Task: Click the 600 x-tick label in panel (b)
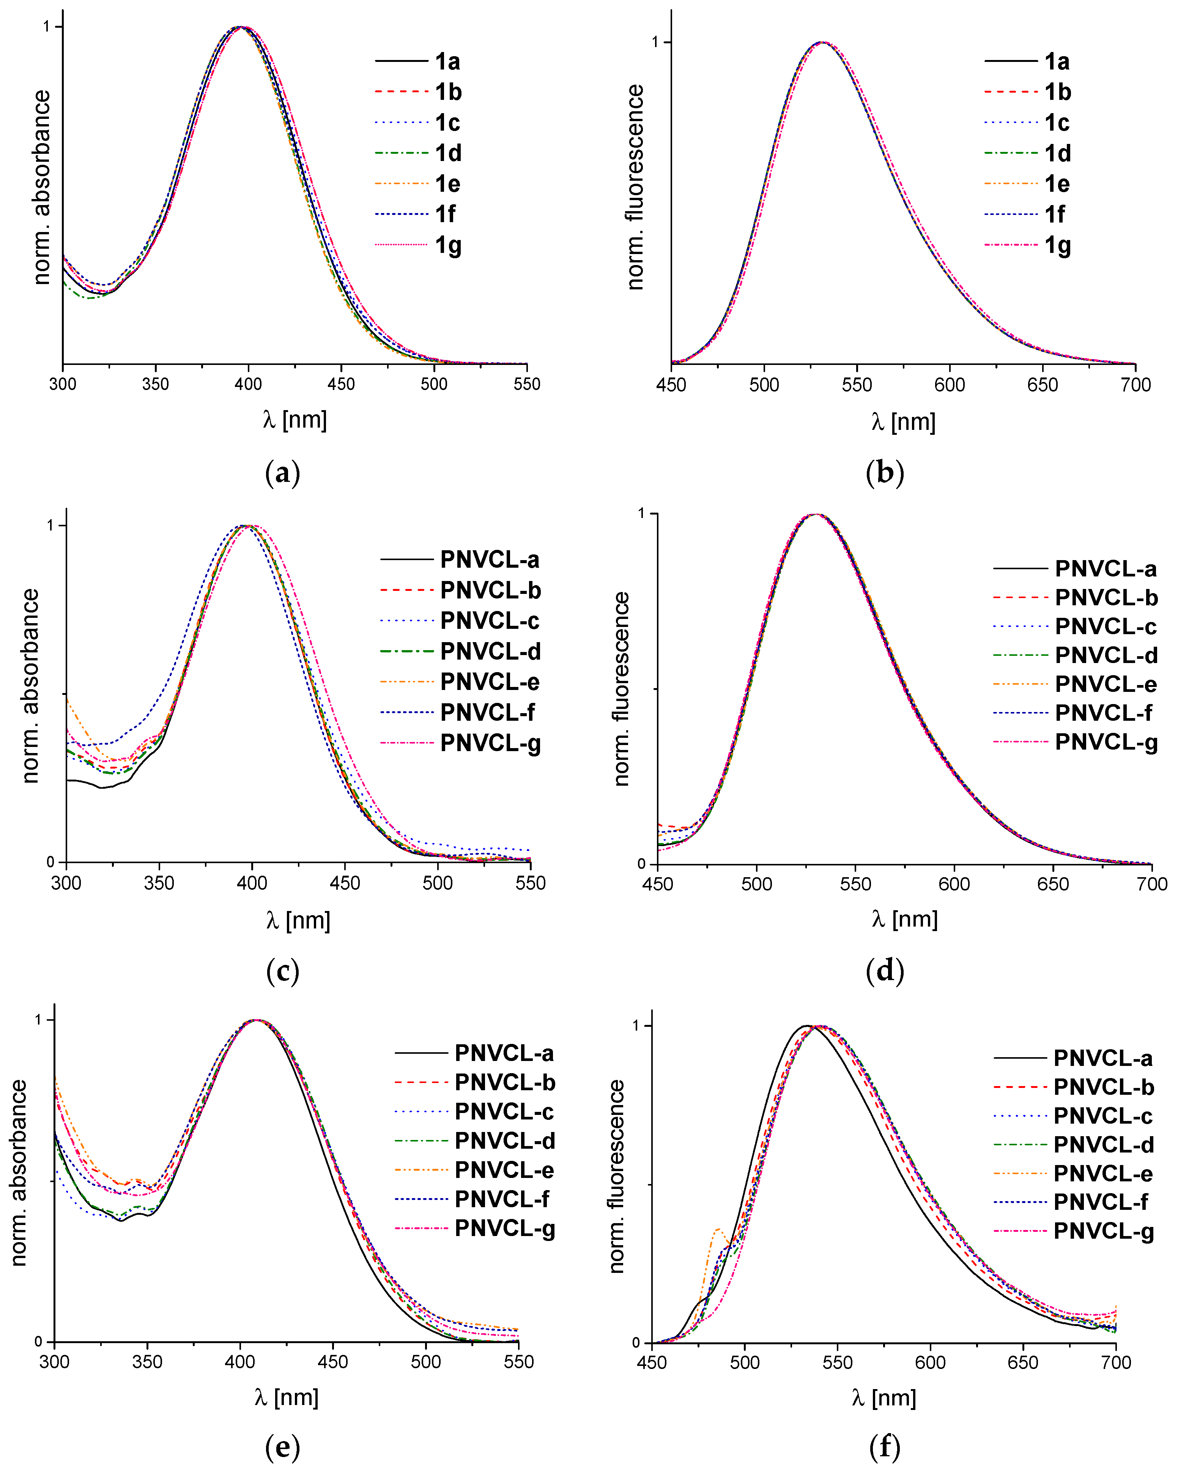tap(949, 385)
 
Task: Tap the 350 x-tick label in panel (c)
tap(159, 883)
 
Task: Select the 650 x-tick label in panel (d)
tap(1052, 884)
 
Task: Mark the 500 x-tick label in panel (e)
tap(425, 1362)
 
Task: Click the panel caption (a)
tap(282, 473)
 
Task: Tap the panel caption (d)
tap(884, 971)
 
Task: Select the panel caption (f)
tap(884, 1446)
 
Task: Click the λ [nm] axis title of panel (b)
tap(903, 422)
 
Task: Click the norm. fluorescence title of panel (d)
tap(621, 689)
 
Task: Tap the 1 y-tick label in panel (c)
tap(50, 526)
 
